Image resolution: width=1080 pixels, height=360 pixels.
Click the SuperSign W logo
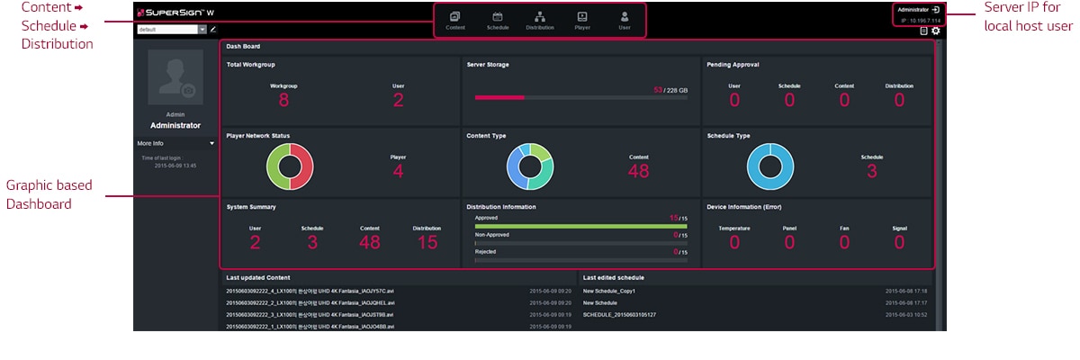175,13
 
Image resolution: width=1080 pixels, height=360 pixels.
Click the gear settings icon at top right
935,31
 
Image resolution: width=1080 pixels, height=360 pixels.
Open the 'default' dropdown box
171,30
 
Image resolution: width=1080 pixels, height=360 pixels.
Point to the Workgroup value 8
283,100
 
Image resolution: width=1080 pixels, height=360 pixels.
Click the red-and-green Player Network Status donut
289,166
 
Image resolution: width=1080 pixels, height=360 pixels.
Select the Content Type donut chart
529,166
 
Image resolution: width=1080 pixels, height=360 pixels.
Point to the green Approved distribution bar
580,226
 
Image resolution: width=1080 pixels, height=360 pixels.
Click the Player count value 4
398,171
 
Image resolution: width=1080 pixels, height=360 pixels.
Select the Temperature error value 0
734,242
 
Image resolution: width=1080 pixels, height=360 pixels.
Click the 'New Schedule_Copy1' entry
609,292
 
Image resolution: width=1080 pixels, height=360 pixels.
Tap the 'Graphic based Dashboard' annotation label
49,194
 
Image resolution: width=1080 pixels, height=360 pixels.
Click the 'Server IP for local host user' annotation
1028,18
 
